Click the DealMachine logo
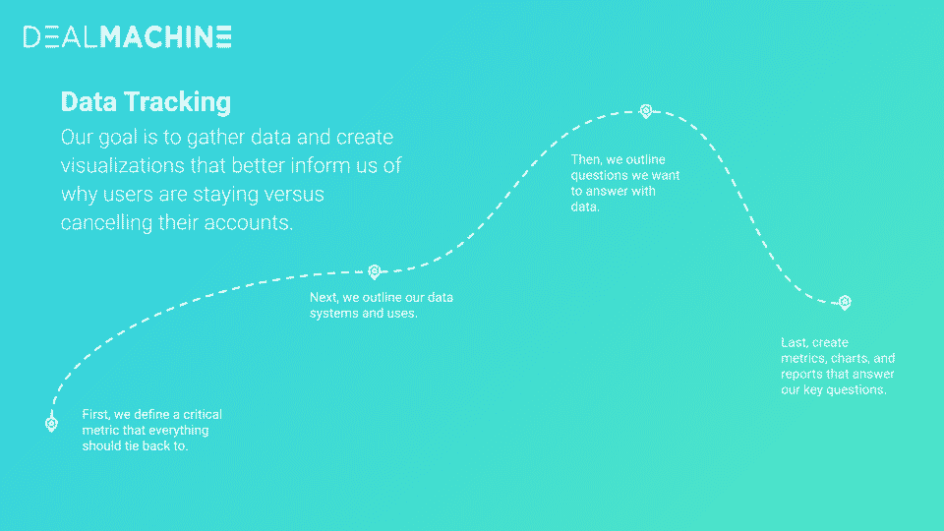[x=128, y=36]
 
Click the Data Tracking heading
[x=146, y=101]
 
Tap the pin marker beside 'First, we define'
[x=52, y=423]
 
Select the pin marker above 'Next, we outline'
[x=374, y=271]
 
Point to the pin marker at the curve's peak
[x=646, y=111]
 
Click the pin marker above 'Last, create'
[x=845, y=302]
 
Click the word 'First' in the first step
[x=95, y=414]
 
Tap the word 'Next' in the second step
[x=323, y=297]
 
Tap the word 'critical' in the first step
[x=203, y=414]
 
